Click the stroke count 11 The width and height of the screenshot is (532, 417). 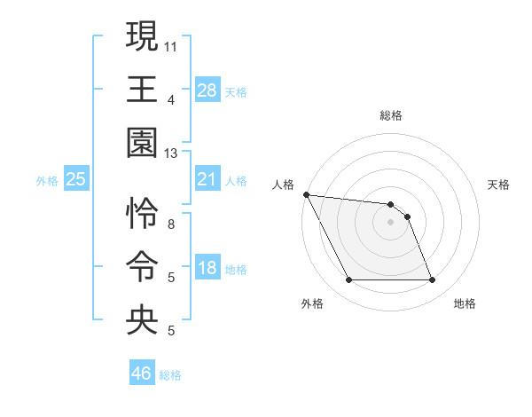171,44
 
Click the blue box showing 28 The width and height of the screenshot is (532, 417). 207,90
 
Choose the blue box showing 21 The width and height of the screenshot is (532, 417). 207,180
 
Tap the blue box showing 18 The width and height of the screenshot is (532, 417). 207,269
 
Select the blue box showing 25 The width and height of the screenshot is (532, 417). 76,180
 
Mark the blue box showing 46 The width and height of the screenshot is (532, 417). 142,374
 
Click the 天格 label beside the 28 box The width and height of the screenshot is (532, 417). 236,91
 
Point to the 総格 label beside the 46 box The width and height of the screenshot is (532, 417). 170,375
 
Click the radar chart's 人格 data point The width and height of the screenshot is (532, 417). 306,194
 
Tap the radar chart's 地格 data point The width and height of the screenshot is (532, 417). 433,280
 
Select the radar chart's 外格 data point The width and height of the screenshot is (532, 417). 348,280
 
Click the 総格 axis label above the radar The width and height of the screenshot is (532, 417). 390,115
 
